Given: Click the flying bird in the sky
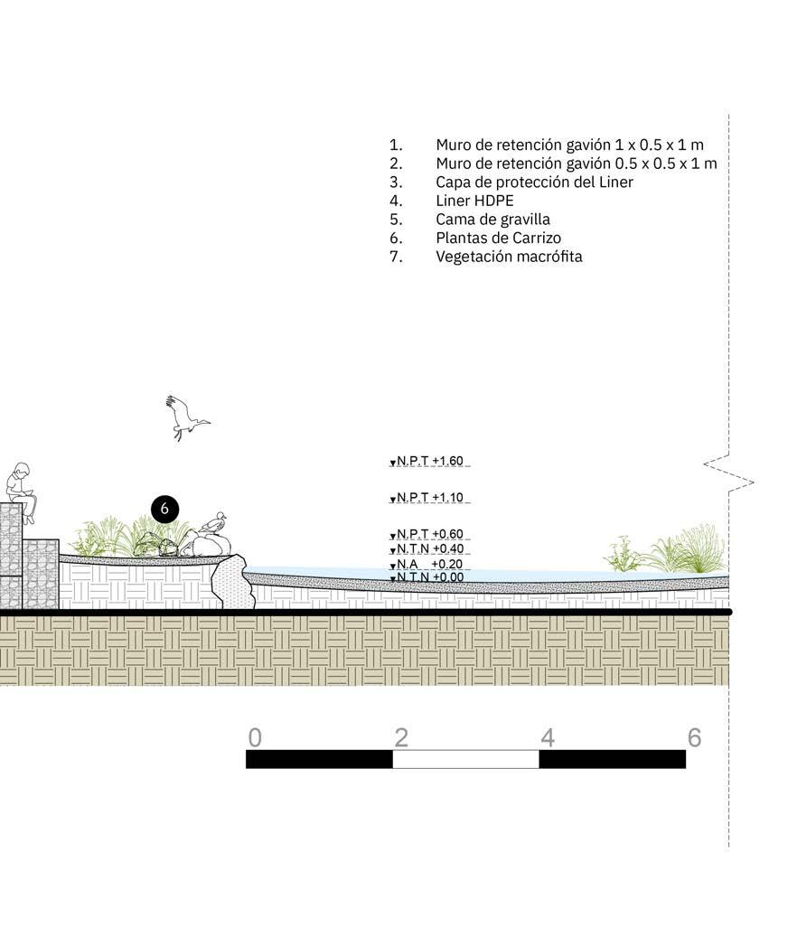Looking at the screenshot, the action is (x=186, y=417).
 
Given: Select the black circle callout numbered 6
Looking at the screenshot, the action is (x=164, y=509).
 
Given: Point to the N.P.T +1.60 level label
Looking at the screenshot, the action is (x=429, y=462).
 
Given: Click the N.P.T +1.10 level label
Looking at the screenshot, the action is (x=429, y=498).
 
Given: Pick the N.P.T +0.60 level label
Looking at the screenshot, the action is (x=429, y=535).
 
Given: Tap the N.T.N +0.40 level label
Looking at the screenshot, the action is (x=429, y=549).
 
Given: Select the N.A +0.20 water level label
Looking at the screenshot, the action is (x=429, y=564).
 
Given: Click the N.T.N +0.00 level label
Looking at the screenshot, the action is (x=429, y=577).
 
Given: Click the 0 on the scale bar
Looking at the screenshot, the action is (x=255, y=737).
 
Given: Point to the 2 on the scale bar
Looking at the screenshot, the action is (x=401, y=737).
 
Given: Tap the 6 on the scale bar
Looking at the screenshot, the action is (x=695, y=737).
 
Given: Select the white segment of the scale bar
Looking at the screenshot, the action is (x=465, y=759).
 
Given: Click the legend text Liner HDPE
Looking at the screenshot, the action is (x=474, y=201).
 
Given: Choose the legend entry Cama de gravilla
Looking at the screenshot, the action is (x=493, y=220).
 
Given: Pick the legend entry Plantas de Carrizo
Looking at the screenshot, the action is (x=499, y=239).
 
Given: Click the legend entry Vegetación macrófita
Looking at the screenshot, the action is (x=510, y=257).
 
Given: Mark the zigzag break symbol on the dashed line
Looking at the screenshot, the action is (x=729, y=473).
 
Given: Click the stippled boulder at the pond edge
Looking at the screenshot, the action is (x=232, y=583).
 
